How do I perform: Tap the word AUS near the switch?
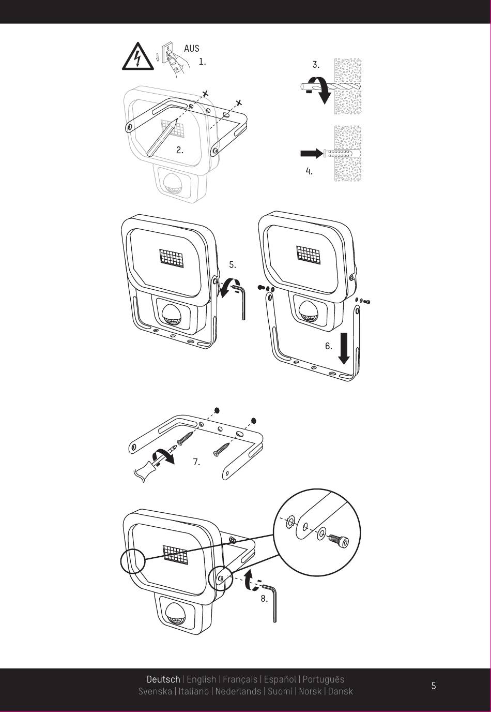191,49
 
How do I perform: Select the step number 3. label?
316,65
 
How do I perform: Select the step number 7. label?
196,462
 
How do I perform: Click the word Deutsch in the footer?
163,679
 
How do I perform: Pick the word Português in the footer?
323,679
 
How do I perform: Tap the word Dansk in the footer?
341,691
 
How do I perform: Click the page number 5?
434,686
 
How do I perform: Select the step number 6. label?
329,346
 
